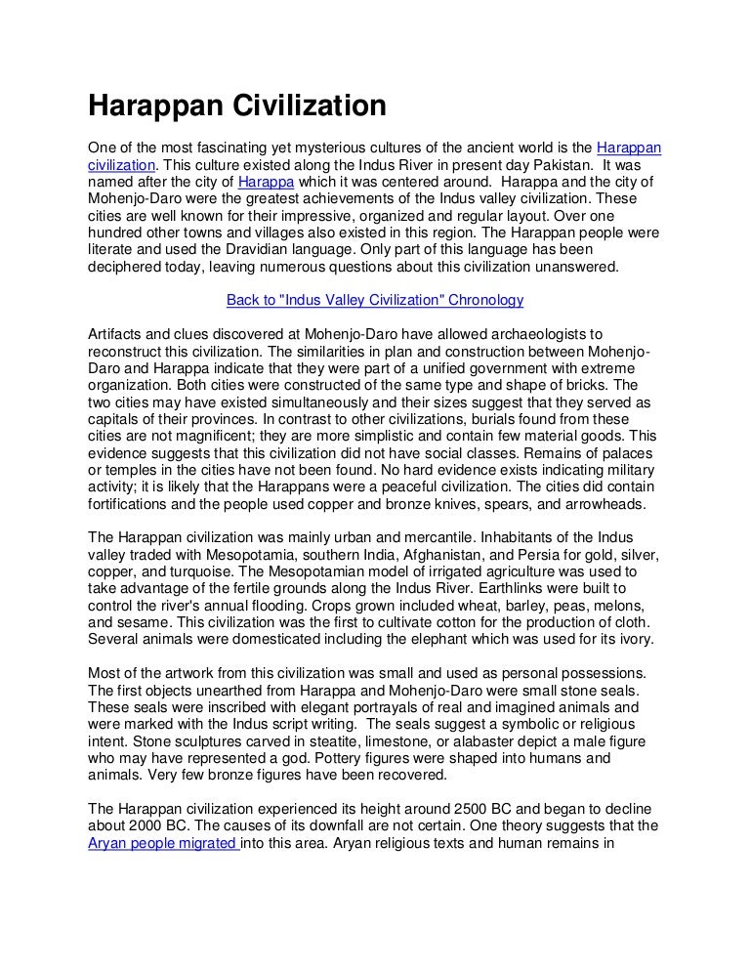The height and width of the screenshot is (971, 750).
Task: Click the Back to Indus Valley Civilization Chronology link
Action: coord(375,300)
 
